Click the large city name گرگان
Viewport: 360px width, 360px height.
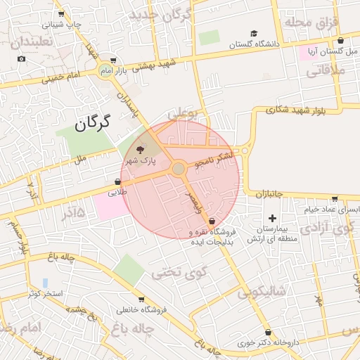click(x=92, y=124)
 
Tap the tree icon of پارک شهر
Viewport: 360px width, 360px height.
click(x=139, y=150)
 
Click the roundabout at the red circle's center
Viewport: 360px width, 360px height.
click(x=179, y=169)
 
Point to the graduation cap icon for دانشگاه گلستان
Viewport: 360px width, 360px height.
click(x=254, y=33)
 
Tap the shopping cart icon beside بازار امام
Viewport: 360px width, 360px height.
click(x=114, y=61)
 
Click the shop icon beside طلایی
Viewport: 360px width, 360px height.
click(x=116, y=181)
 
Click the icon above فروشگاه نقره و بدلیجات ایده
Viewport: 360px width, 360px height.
click(x=212, y=221)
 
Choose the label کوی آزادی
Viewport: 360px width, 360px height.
click(x=328, y=229)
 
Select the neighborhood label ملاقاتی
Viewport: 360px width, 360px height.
click(x=327, y=70)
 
